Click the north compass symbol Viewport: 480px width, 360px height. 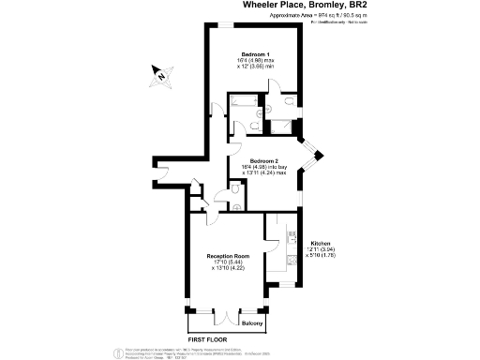click(x=160, y=74)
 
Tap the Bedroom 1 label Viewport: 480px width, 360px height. click(x=255, y=53)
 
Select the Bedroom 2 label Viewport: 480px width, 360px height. click(x=263, y=160)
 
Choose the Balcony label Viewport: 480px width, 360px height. click(x=251, y=323)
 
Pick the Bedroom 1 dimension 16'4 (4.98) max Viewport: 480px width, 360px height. click(x=255, y=61)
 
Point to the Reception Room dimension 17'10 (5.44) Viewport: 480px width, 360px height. click(x=228, y=262)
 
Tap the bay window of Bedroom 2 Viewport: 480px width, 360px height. click(x=313, y=158)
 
